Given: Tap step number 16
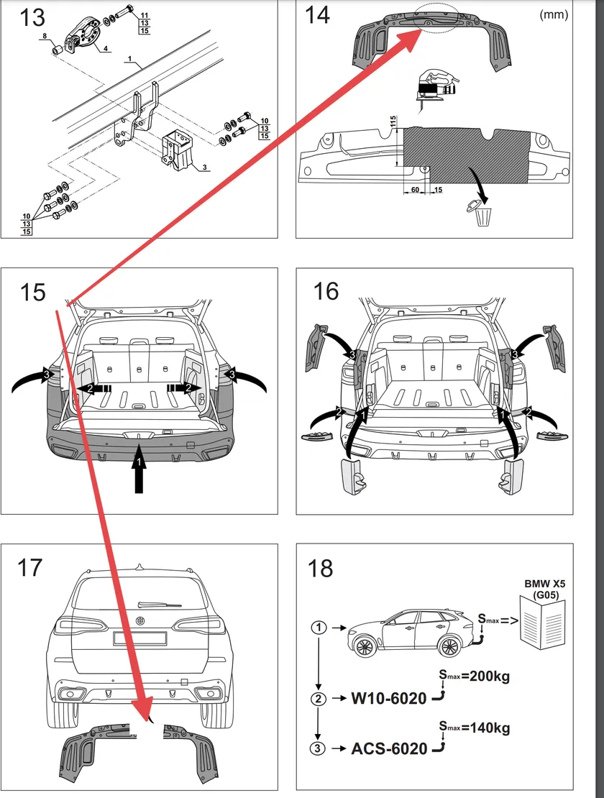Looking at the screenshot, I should [326, 291].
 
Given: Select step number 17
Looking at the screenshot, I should [30, 568].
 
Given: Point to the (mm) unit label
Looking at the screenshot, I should [554, 14].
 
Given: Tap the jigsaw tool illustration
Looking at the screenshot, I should [436, 86].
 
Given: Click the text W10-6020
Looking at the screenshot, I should [389, 698].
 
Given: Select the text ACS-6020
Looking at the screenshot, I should [389, 748].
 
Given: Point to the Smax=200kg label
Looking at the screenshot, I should [474, 677].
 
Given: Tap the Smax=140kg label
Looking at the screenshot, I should [474, 728].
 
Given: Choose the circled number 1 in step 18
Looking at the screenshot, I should [320, 627].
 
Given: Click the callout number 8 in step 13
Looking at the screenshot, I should [45, 35].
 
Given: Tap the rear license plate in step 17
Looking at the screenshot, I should [140, 638].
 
